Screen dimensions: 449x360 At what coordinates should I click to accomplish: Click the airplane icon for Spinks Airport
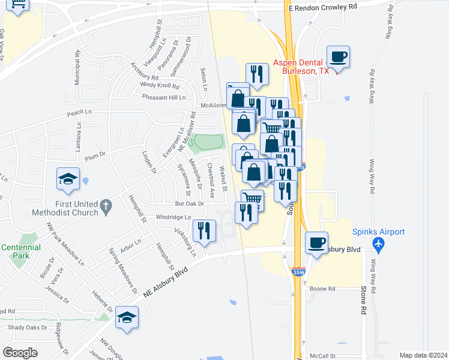(x=378, y=244)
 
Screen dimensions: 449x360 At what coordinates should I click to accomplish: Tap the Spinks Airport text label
(x=378, y=232)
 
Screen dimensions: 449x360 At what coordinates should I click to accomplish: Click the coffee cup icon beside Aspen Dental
(x=338, y=57)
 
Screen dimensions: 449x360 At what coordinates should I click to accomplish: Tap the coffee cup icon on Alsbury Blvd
(x=316, y=242)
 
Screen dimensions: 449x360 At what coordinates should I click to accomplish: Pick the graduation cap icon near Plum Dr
(x=68, y=178)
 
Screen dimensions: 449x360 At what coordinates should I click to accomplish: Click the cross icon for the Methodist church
(x=106, y=207)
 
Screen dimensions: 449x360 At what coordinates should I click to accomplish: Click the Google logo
(x=20, y=352)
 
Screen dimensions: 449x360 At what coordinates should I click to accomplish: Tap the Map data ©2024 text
(x=423, y=355)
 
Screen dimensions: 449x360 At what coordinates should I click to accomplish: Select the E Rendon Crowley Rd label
(x=322, y=7)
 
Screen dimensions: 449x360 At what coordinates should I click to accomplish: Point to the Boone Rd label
(x=322, y=289)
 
